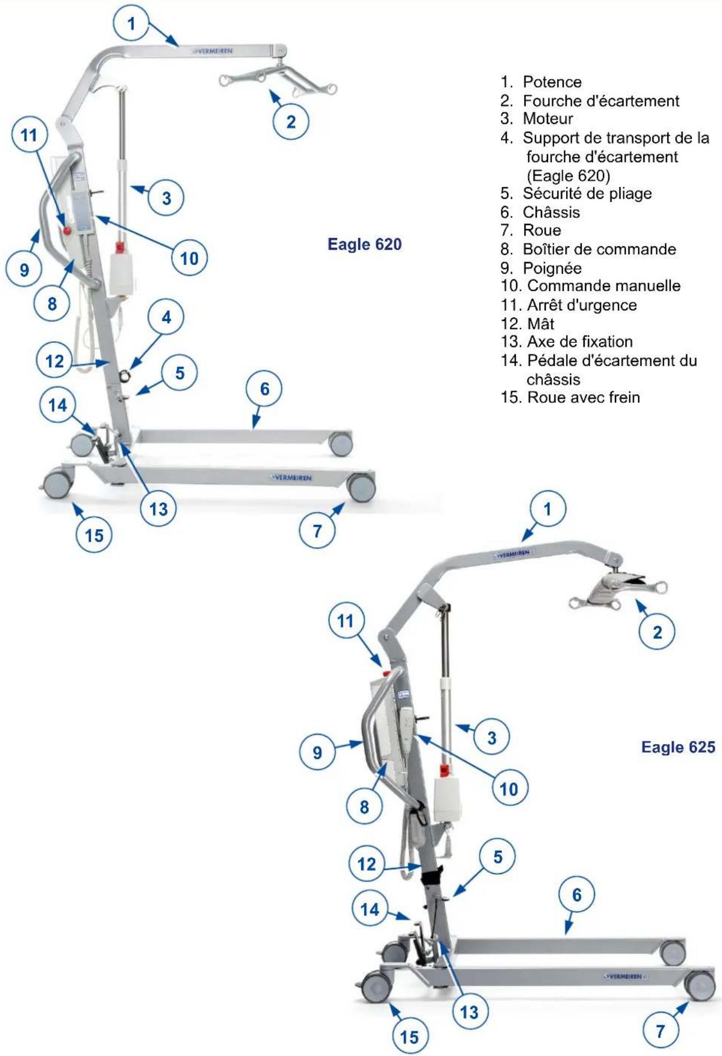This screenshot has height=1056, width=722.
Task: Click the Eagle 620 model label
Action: pos(365,244)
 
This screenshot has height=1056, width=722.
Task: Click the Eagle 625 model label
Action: pos(678,747)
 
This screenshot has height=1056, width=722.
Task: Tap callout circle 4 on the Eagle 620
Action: pos(167,317)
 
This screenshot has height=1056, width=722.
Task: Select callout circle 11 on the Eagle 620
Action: pos(29,135)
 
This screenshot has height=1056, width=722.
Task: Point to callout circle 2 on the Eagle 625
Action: pos(657,632)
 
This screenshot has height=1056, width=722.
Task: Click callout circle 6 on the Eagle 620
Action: pos(265,389)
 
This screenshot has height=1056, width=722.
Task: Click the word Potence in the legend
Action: pos(552,82)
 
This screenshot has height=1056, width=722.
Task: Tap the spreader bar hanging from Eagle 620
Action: pos(278,80)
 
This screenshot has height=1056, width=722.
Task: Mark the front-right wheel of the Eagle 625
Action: pos(700,985)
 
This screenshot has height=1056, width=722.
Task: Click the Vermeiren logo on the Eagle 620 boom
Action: pos(213,51)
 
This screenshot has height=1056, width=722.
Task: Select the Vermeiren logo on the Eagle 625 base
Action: pos(624,977)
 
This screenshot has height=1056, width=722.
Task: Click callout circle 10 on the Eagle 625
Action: pos(509,789)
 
